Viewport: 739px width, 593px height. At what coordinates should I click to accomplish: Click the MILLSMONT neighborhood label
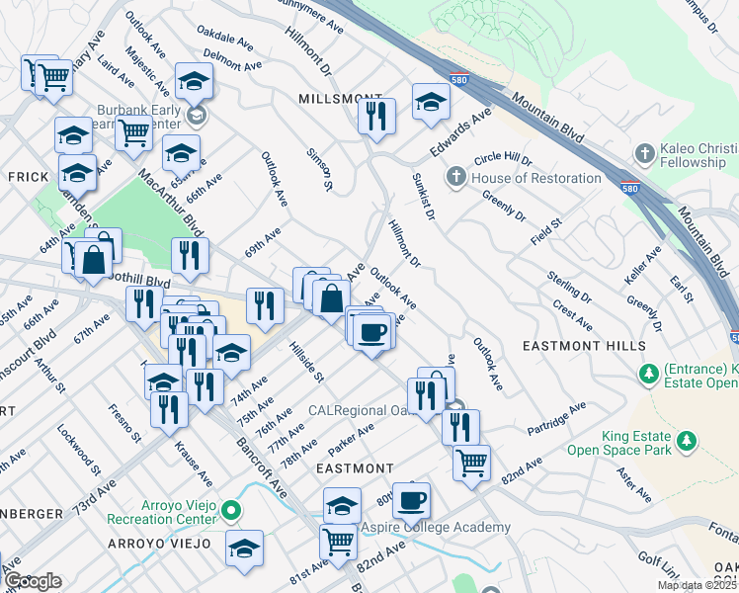(334, 100)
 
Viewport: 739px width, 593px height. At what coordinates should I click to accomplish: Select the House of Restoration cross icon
(455, 178)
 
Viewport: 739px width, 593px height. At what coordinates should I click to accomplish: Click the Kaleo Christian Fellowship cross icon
(644, 154)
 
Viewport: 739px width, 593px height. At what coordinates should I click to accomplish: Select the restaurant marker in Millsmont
(375, 117)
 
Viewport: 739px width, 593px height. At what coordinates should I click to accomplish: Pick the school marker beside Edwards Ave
(431, 102)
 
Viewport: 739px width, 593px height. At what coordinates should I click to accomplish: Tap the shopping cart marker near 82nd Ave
(472, 461)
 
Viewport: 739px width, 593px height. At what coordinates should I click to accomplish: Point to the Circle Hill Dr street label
(503, 159)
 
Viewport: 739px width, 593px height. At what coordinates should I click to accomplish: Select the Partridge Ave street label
(557, 415)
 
